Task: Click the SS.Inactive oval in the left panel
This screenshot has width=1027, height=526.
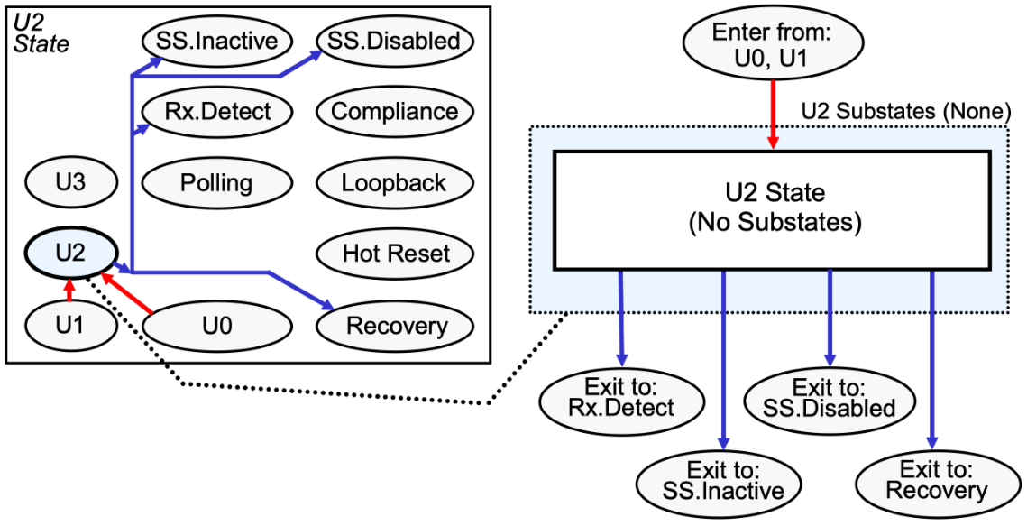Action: pyautogui.click(x=216, y=41)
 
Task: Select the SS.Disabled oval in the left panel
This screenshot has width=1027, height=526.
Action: pyautogui.click(x=395, y=41)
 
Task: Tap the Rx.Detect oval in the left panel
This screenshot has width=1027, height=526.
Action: pyautogui.click(x=216, y=112)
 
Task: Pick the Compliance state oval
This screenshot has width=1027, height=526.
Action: pyautogui.click(x=395, y=112)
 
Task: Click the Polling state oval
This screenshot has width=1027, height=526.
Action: pyautogui.click(x=216, y=183)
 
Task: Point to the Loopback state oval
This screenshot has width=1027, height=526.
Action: pyautogui.click(x=395, y=183)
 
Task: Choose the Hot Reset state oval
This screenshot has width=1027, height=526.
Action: pyautogui.click(x=395, y=254)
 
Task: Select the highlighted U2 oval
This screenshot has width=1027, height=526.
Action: pyautogui.click(x=70, y=253)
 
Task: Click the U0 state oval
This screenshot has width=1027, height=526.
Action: pyautogui.click(x=216, y=325)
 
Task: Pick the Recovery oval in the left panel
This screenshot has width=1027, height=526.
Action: pyautogui.click(x=395, y=325)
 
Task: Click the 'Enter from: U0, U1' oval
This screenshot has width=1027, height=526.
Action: pyautogui.click(x=772, y=42)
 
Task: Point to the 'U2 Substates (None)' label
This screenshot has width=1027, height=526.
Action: pyautogui.click(x=903, y=112)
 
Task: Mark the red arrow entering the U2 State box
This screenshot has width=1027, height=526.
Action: pyautogui.click(x=773, y=113)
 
